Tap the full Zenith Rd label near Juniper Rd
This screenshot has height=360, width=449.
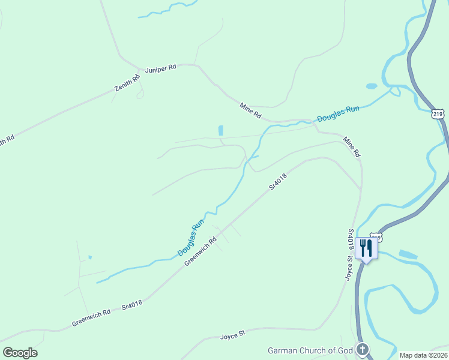tap(127, 83)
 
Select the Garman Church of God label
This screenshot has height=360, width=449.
tap(310, 350)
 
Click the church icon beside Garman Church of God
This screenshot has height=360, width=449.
tap(362, 349)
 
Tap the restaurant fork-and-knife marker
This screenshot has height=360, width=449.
tap(366, 248)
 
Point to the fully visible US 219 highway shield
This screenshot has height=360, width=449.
tap(438, 113)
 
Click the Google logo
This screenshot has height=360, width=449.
tap(20, 353)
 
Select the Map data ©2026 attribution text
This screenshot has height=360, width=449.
tap(423, 355)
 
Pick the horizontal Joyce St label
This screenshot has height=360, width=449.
tap(234, 333)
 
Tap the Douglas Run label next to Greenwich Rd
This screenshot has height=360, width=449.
tap(191, 239)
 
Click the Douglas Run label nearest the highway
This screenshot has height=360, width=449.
tap(338, 113)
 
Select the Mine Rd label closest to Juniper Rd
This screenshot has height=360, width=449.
tap(251, 110)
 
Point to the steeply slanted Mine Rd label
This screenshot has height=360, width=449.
tap(352, 148)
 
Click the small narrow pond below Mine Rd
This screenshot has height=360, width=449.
tap(221, 130)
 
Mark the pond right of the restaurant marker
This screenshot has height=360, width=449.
tap(408, 254)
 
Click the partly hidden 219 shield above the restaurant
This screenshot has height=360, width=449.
tap(376, 236)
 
